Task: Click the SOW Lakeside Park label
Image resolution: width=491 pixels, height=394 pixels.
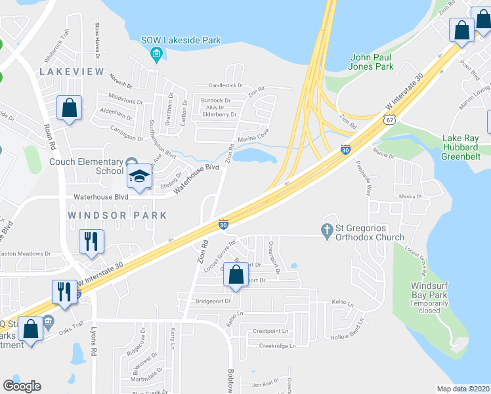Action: click(181, 40)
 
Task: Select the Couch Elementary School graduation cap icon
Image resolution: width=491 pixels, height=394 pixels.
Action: click(140, 176)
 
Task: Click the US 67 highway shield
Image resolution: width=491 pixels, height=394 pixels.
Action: click(390, 120)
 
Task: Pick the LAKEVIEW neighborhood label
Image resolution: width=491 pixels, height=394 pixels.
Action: click(64, 71)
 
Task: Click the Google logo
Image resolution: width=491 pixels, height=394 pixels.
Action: click(22, 385)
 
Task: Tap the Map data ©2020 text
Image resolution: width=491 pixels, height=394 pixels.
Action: click(462, 389)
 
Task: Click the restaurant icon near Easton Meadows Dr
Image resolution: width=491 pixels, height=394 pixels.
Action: click(91, 241)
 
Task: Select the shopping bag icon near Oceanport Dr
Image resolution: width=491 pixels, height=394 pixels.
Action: click(236, 275)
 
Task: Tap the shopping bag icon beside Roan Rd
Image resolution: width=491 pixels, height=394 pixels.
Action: click(69, 108)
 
